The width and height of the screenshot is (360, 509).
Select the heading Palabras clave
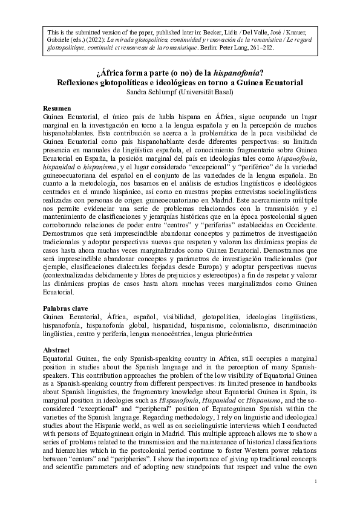coord(70,308)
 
